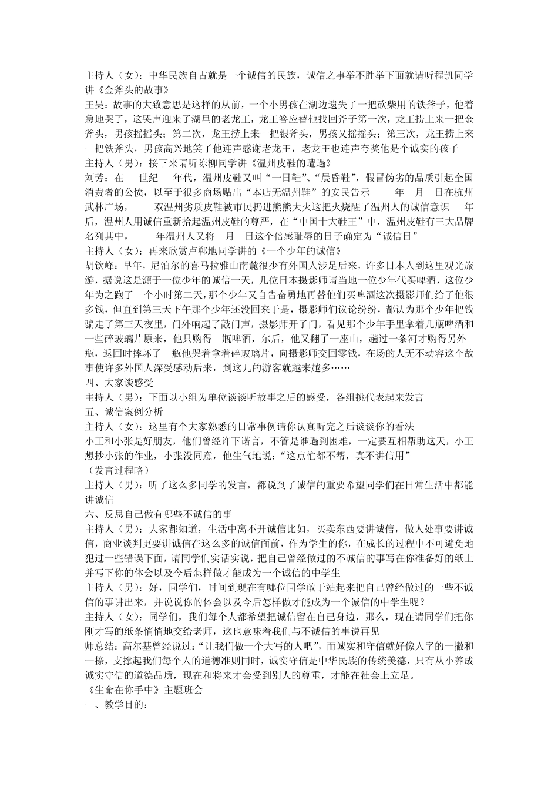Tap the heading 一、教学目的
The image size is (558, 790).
pyautogui.click(x=115, y=704)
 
